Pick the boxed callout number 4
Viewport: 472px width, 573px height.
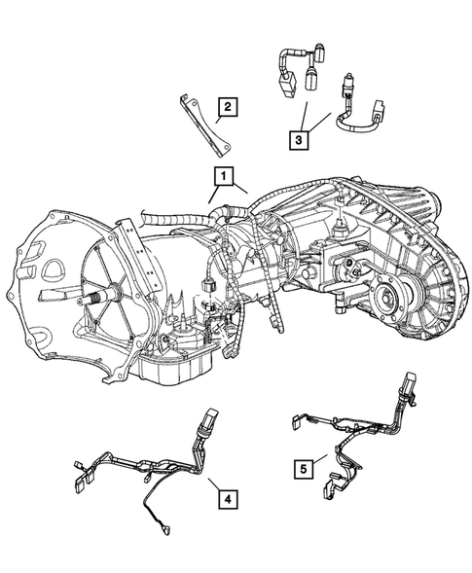[x=226, y=500]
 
